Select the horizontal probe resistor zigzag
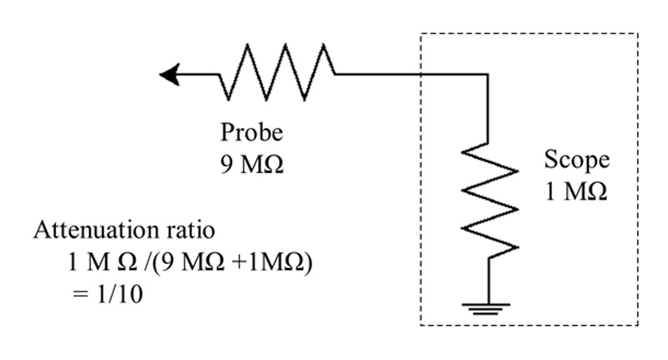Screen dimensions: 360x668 pos(277,72)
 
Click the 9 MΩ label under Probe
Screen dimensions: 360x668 pos(251,163)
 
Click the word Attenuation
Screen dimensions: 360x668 pos(83,231)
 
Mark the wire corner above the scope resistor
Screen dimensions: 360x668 pos(488,76)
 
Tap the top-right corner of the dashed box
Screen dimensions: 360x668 pos(638,33)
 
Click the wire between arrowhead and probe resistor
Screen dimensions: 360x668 pos(200,76)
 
